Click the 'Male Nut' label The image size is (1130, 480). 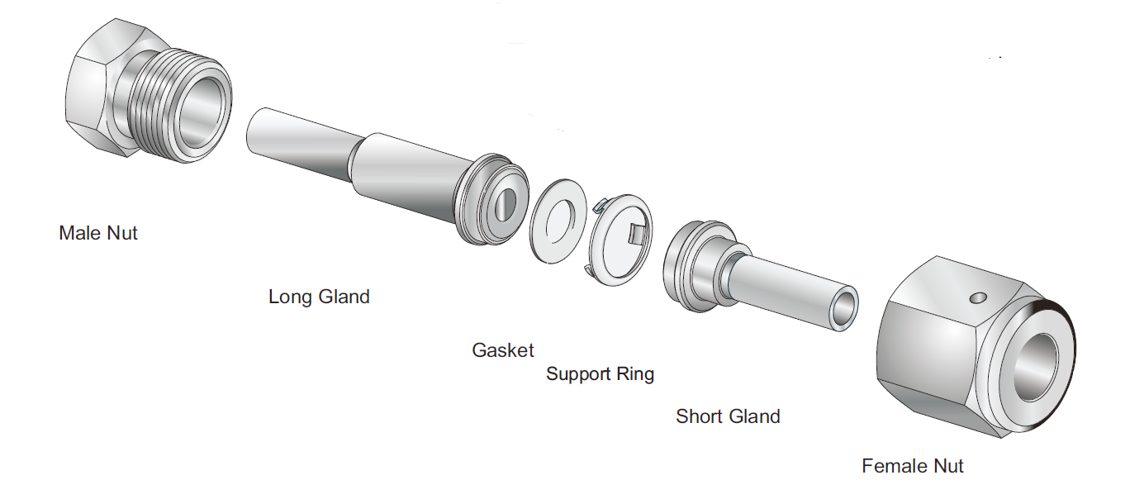(97, 233)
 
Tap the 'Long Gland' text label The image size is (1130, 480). (319, 296)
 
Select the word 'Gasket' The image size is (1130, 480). (503, 349)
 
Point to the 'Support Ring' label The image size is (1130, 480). (600, 374)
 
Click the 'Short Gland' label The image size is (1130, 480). (728, 416)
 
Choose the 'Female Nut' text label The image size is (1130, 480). (913, 466)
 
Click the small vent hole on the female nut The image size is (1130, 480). (979, 296)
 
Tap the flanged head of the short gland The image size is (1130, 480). (690, 264)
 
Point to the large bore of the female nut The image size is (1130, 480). (1037, 364)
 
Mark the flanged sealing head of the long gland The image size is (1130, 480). (487, 202)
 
